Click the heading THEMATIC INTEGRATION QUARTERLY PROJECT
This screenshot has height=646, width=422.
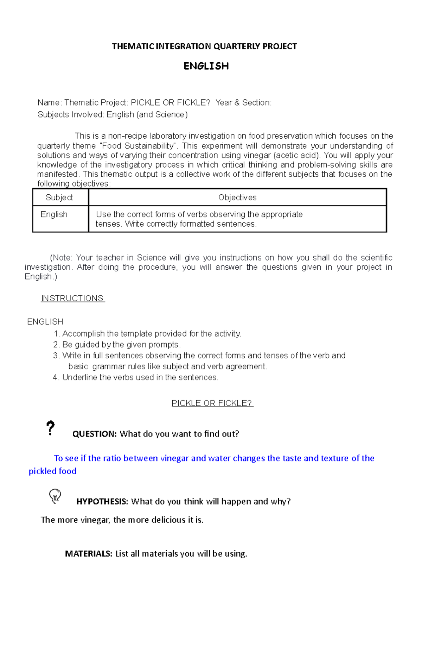pyautogui.click(x=204, y=46)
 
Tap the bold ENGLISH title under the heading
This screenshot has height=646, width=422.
pyautogui.click(x=206, y=66)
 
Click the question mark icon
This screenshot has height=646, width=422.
pyautogui.click(x=51, y=428)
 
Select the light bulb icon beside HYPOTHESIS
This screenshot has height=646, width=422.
pyautogui.click(x=55, y=496)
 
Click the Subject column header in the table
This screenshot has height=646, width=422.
pyautogui.click(x=59, y=197)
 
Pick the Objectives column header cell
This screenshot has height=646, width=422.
pyautogui.click(x=237, y=197)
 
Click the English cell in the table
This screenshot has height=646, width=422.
pyautogui.click(x=54, y=214)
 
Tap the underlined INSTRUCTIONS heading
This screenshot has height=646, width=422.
pyautogui.click(x=72, y=298)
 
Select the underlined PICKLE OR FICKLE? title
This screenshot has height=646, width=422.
pyautogui.click(x=212, y=403)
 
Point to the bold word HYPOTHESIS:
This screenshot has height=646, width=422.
pyautogui.click(x=102, y=501)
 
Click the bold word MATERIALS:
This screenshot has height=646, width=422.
pyautogui.click(x=89, y=553)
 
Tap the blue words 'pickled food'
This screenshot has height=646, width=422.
pyautogui.click(x=52, y=471)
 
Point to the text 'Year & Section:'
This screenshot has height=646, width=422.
pyautogui.click(x=243, y=102)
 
